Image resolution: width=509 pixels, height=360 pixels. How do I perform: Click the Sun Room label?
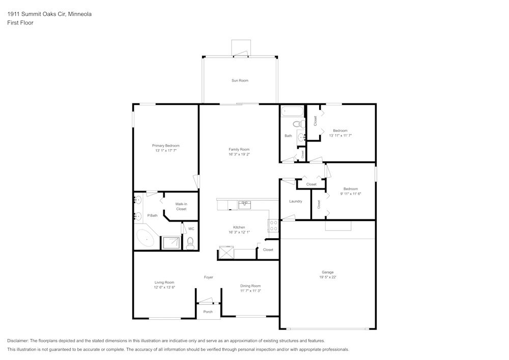tap(240, 80)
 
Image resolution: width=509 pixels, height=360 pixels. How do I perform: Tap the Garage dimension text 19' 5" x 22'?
tap(328, 277)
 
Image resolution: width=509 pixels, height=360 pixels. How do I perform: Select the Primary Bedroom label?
tap(165, 146)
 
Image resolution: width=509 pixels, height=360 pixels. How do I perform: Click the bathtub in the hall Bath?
tap(292, 110)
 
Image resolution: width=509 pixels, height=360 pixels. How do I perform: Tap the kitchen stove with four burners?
tap(273, 226)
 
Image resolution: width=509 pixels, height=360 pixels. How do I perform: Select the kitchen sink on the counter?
tap(244, 205)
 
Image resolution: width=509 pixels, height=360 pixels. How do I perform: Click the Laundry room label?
tap(296, 201)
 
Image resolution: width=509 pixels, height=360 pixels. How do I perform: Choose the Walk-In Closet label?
tap(181, 206)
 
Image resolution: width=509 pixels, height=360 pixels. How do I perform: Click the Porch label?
tap(208, 312)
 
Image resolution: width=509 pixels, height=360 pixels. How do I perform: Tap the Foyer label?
tap(209, 277)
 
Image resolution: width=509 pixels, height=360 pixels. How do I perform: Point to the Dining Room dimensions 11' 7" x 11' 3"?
tap(250, 291)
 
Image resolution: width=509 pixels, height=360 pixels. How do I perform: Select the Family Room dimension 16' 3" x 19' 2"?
tap(239, 154)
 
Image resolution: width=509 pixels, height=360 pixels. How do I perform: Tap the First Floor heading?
tap(20, 23)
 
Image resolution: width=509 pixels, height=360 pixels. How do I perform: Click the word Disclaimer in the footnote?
tap(18, 341)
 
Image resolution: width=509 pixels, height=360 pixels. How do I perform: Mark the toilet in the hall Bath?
tap(297, 124)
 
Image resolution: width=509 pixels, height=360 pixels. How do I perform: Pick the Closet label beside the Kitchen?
tap(268, 250)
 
